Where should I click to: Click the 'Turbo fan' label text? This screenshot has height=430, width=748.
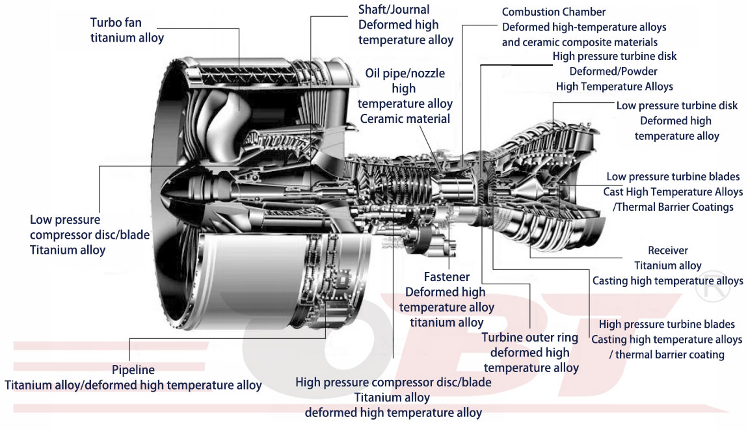pos(116,23)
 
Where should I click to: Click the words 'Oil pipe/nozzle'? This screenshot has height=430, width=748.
pos(405,74)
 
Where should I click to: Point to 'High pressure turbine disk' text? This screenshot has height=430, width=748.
pos(614,57)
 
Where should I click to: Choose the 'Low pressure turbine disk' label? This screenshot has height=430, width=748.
pos(676,105)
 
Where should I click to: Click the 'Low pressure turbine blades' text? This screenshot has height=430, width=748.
pos(673,177)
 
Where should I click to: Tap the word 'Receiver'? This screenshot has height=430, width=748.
pos(667,250)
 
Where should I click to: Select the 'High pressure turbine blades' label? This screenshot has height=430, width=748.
pos(667,324)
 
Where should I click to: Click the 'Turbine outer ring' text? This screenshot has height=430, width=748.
pos(529,338)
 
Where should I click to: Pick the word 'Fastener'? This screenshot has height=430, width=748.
pos(446,277)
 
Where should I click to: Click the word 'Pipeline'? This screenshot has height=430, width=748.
pos(133,370)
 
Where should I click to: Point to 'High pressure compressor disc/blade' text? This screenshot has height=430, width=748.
pos(393,383)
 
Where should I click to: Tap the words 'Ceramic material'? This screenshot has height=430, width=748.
pos(405,118)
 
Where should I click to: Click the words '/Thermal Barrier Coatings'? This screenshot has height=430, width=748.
pos(673,207)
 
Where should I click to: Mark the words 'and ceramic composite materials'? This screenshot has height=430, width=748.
pos(580,42)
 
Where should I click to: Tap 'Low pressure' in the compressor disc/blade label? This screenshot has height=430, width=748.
pos(65,220)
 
